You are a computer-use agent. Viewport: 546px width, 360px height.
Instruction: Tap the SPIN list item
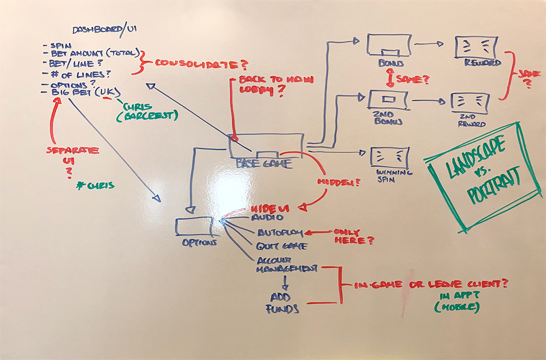pyautogui.click(x=60, y=45)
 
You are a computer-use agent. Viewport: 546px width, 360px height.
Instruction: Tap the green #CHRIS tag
pyautogui.click(x=96, y=185)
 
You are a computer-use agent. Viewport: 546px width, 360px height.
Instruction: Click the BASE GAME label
pyautogui.click(x=264, y=163)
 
